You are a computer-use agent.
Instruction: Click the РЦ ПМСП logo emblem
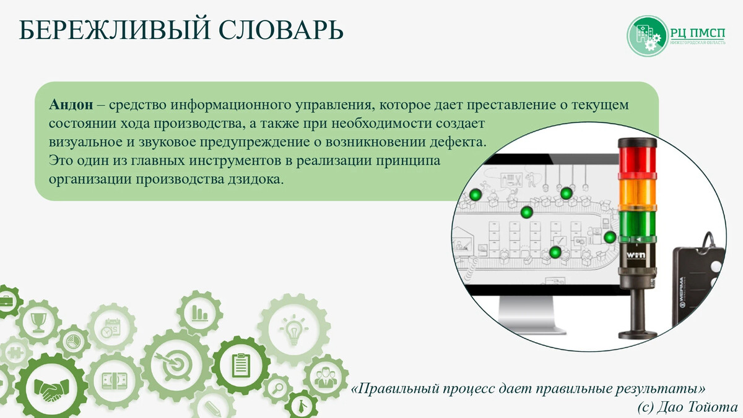click(646, 35)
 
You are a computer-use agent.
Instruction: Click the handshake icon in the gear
click(46, 389)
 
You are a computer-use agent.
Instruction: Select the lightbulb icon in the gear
click(292, 329)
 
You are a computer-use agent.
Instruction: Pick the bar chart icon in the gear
click(199, 312)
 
